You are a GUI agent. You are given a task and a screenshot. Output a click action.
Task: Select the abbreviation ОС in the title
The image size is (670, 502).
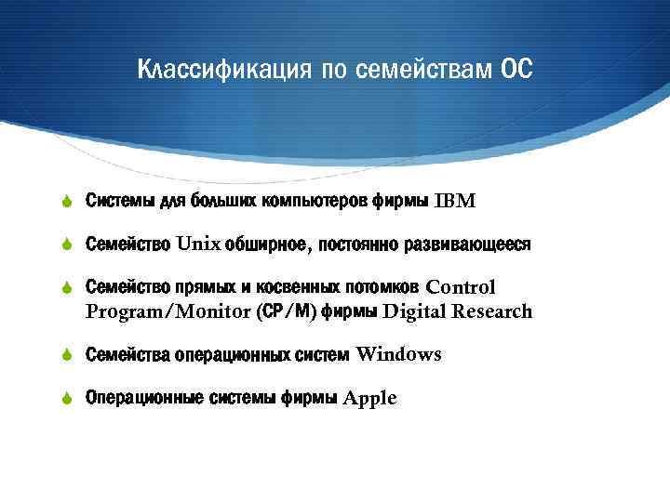click(516, 71)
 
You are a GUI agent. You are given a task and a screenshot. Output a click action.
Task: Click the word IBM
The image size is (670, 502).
click(454, 202)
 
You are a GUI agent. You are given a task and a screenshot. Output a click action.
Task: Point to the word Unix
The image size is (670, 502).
click(198, 244)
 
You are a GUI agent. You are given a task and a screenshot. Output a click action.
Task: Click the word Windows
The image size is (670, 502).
click(398, 354)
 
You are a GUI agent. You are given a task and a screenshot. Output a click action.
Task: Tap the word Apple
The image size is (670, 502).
click(369, 399)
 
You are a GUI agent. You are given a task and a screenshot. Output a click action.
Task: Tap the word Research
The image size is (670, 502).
click(492, 311)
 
